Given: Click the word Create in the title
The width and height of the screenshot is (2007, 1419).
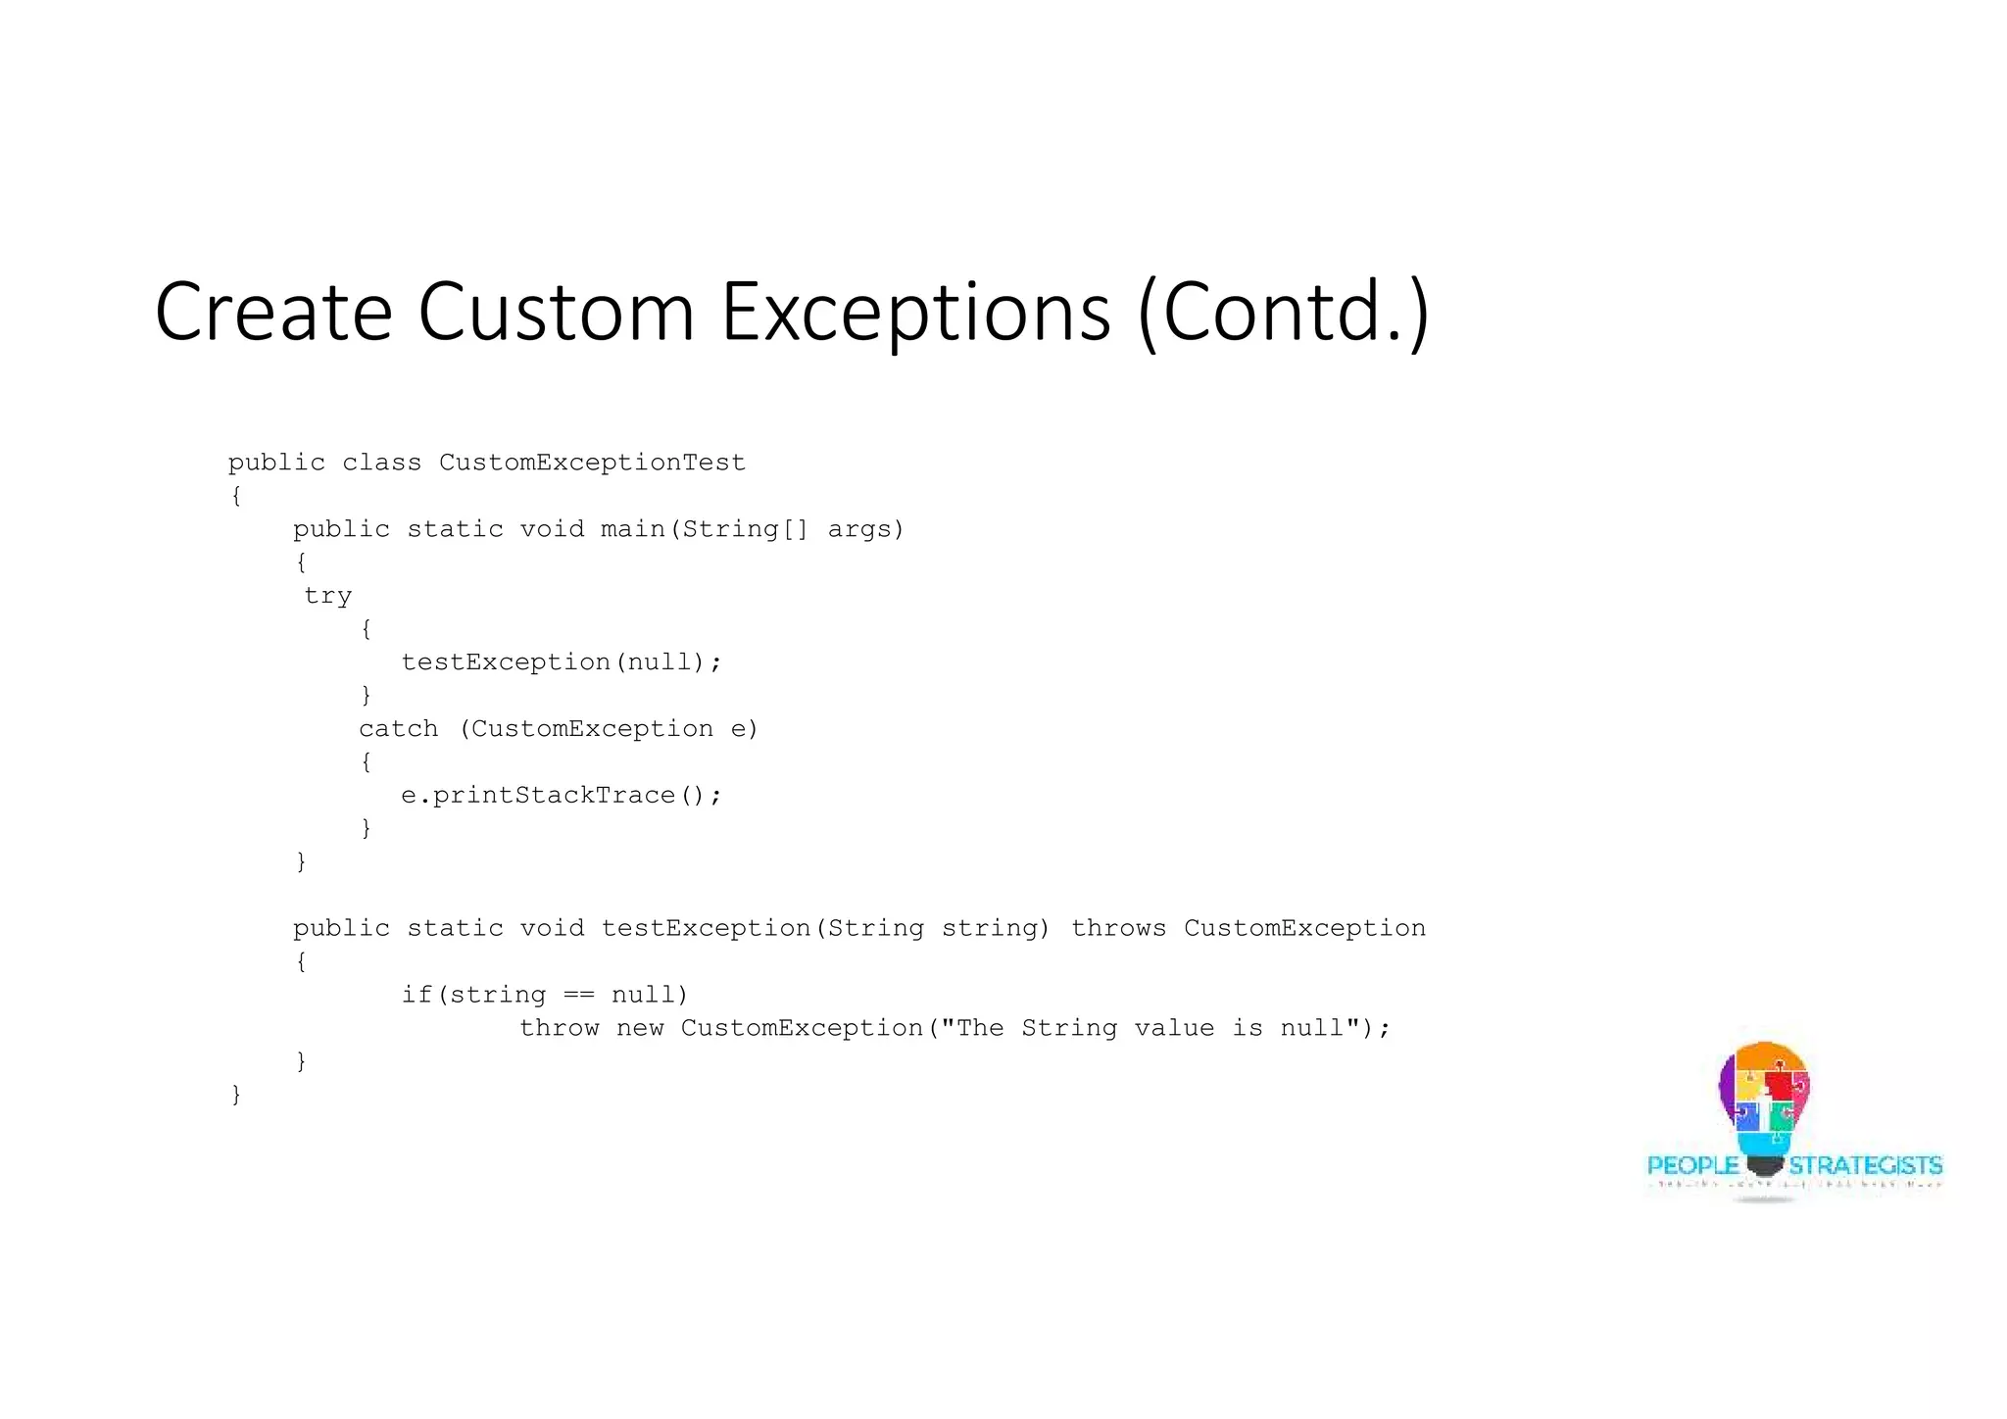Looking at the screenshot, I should click(273, 312).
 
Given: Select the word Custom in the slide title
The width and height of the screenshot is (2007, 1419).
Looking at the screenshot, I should click(556, 312).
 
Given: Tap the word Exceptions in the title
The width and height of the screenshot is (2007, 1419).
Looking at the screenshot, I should click(916, 314).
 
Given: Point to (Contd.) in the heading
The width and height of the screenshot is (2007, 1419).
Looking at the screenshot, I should click(1284, 314).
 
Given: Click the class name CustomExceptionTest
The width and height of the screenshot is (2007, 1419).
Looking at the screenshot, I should click(592, 463).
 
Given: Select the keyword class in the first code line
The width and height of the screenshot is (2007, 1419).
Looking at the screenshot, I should click(381, 463).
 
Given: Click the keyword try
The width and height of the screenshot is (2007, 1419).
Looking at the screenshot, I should click(327, 596).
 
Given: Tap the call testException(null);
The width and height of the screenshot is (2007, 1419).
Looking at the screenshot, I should click(561, 662).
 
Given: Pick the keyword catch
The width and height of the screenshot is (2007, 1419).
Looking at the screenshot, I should click(398, 729).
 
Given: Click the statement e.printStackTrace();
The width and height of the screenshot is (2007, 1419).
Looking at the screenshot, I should click(561, 795).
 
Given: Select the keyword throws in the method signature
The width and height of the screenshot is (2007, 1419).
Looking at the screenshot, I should click(1118, 928).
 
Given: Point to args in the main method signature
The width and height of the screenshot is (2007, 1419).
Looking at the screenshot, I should click(865, 529).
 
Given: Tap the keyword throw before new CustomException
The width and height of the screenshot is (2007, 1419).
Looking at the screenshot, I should click(559, 1028).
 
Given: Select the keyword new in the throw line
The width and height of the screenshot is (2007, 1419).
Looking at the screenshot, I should click(640, 1028).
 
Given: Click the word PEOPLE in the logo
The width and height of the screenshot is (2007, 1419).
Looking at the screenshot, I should click(1692, 1165).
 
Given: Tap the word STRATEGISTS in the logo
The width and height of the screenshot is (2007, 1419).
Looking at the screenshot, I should click(1865, 1165).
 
